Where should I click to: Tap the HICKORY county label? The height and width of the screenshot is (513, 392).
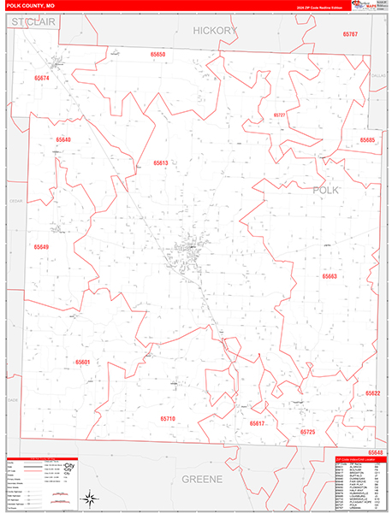(x=214, y=31)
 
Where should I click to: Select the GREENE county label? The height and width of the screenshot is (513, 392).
(x=202, y=478)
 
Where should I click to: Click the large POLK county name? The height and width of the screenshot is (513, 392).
(x=325, y=190)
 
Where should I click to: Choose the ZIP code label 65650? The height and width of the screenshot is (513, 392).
(x=158, y=54)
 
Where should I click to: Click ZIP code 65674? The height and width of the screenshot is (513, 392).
(x=42, y=78)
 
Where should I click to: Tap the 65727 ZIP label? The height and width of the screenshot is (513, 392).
(x=280, y=114)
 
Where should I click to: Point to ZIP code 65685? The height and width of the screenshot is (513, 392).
(x=367, y=139)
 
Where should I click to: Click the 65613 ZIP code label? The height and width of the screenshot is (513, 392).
(x=161, y=162)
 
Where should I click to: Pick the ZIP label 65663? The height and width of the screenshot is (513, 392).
(x=330, y=276)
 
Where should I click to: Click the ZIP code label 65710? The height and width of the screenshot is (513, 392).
(x=167, y=419)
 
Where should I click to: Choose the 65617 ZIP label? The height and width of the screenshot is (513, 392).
(x=257, y=423)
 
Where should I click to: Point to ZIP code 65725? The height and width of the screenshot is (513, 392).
(x=307, y=433)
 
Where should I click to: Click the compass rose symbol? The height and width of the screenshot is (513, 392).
(x=88, y=496)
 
